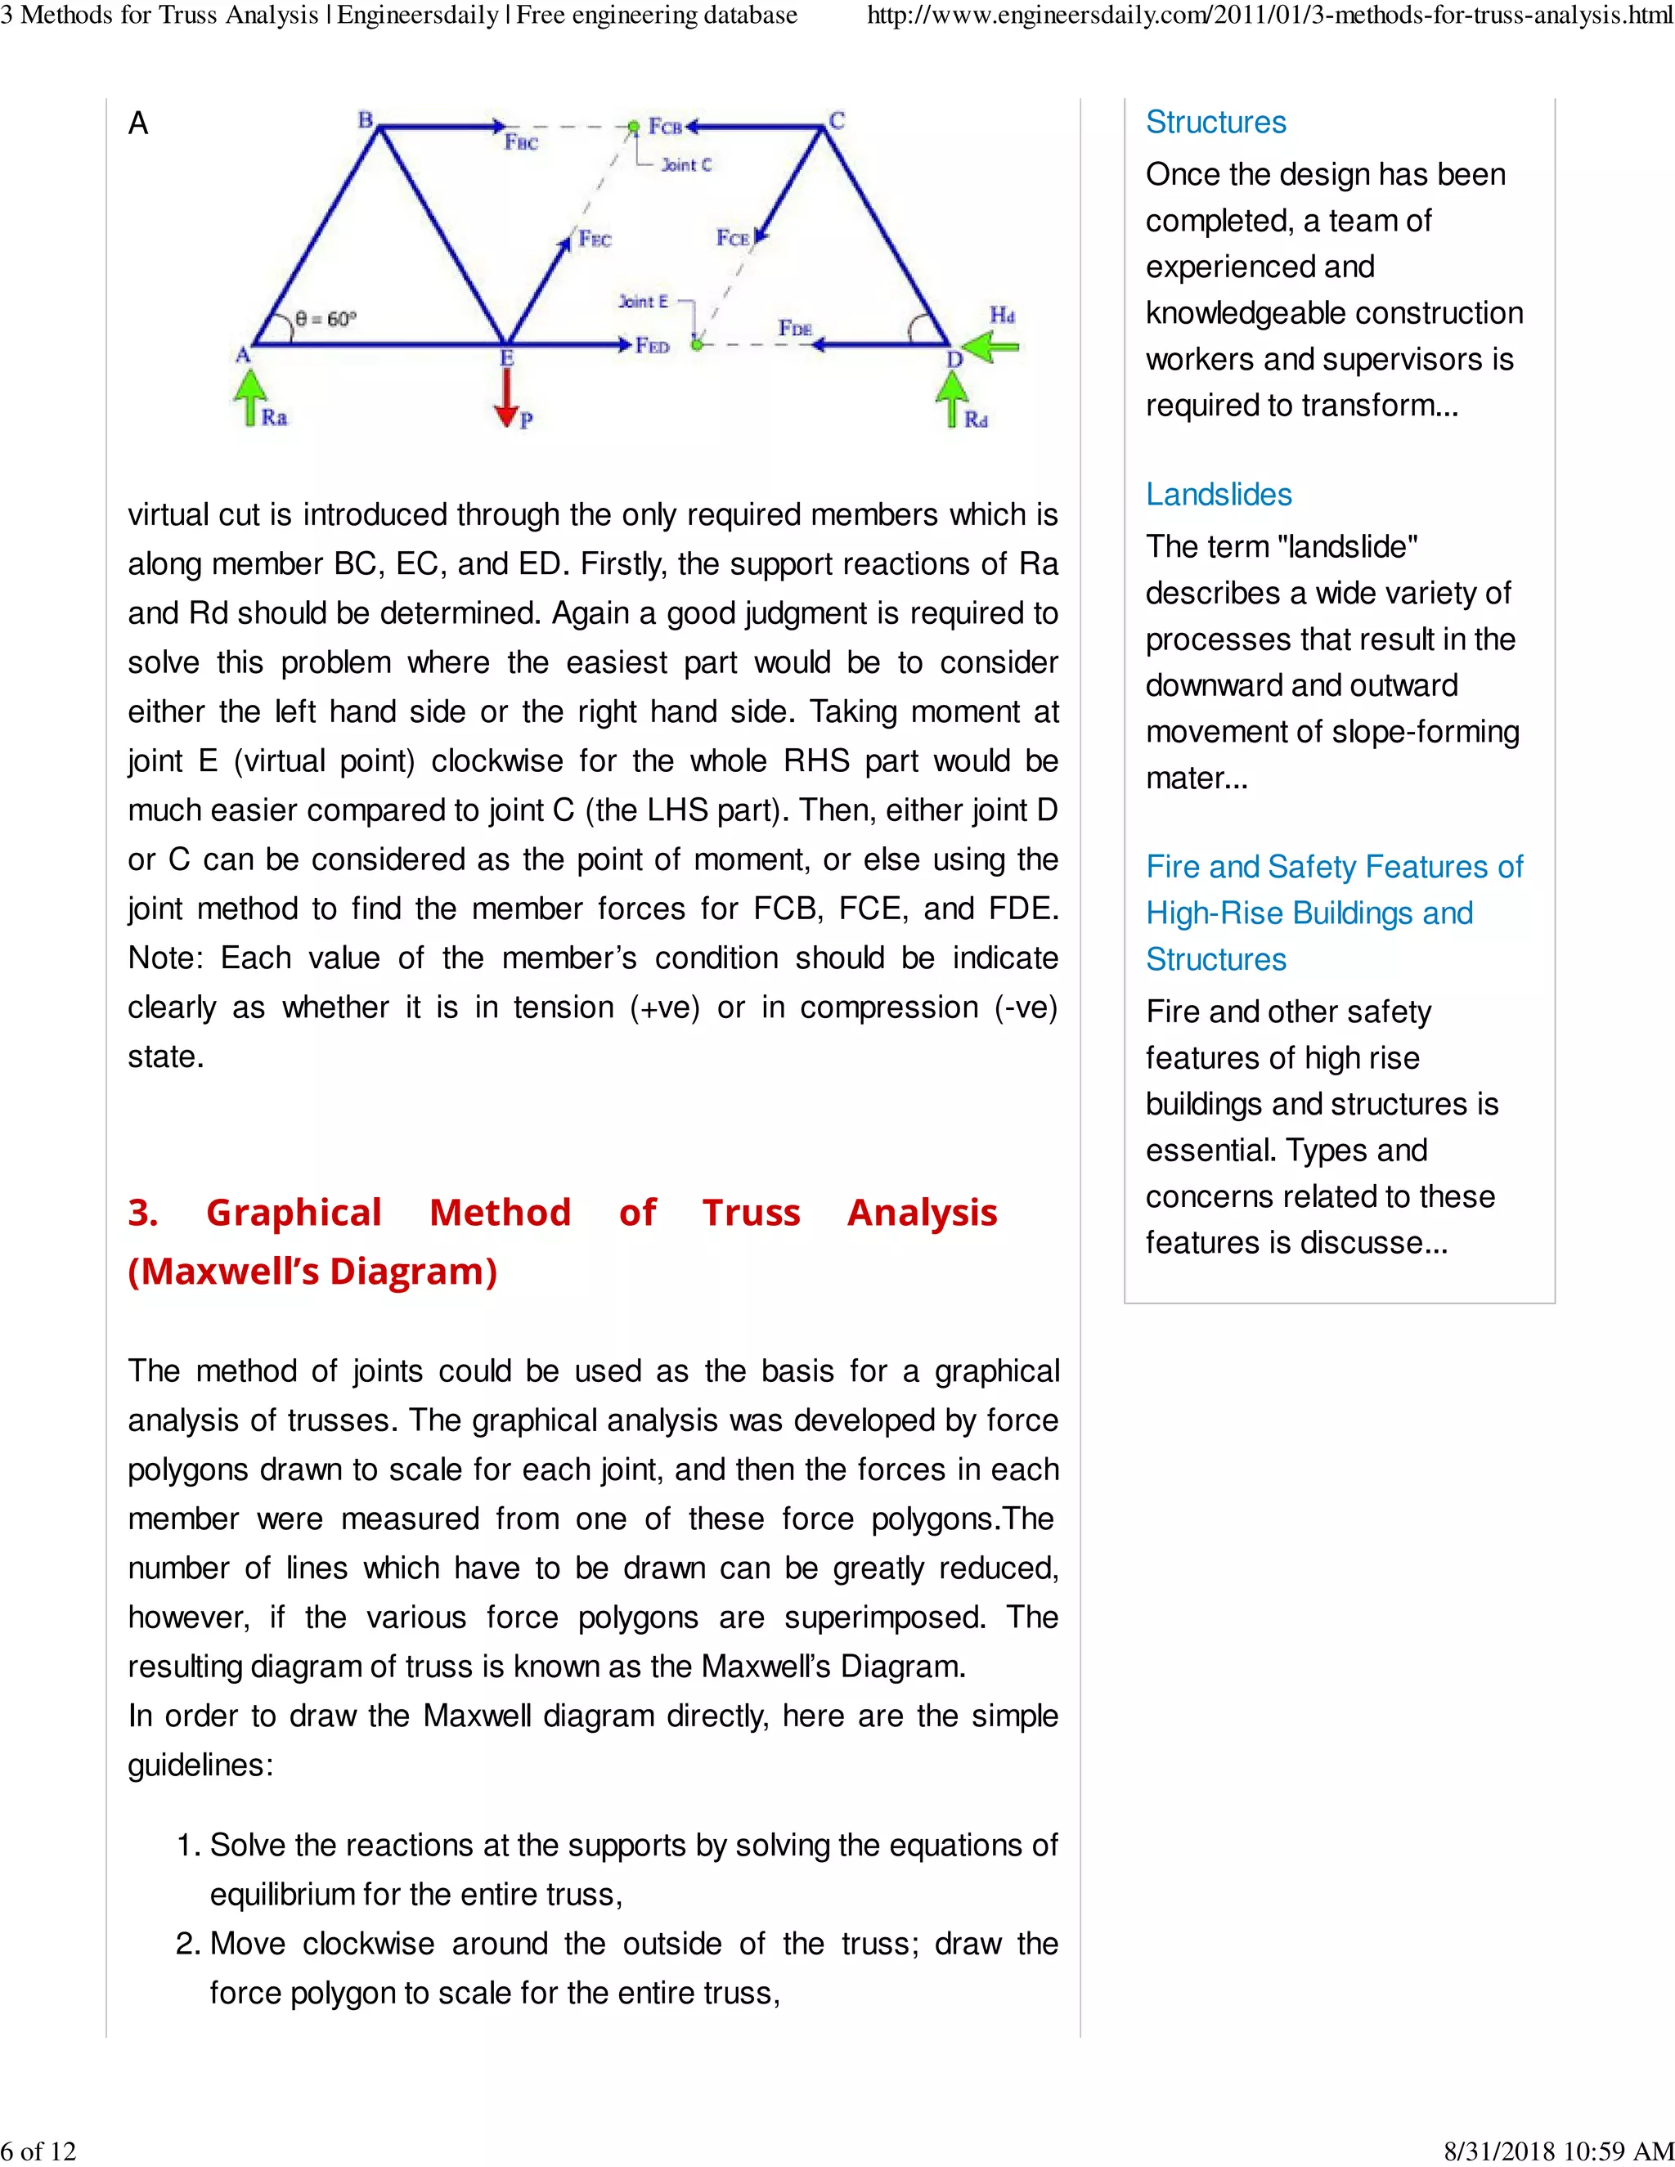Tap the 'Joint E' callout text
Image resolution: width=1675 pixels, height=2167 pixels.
(644, 301)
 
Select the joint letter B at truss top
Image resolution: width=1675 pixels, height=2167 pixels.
(365, 120)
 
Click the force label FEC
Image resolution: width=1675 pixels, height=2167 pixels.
(595, 239)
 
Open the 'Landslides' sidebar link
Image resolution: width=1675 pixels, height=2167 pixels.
(1219, 494)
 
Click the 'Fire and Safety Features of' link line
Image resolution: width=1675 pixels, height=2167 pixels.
(1334, 866)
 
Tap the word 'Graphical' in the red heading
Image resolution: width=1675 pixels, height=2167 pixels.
(294, 1213)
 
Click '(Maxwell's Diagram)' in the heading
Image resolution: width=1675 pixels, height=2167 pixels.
(312, 1271)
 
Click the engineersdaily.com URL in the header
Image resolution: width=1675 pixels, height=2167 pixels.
(1270, 15)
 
